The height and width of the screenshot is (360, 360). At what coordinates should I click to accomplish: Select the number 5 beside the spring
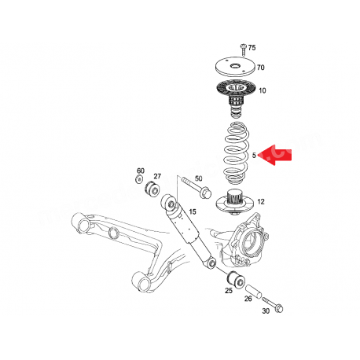(x=255, y=156)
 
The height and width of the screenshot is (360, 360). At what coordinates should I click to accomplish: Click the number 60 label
(x=141, y=171)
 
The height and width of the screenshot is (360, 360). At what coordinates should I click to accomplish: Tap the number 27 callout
(x=157, y=176)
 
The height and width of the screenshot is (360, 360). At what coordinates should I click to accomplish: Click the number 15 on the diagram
(x=192, y=213)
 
